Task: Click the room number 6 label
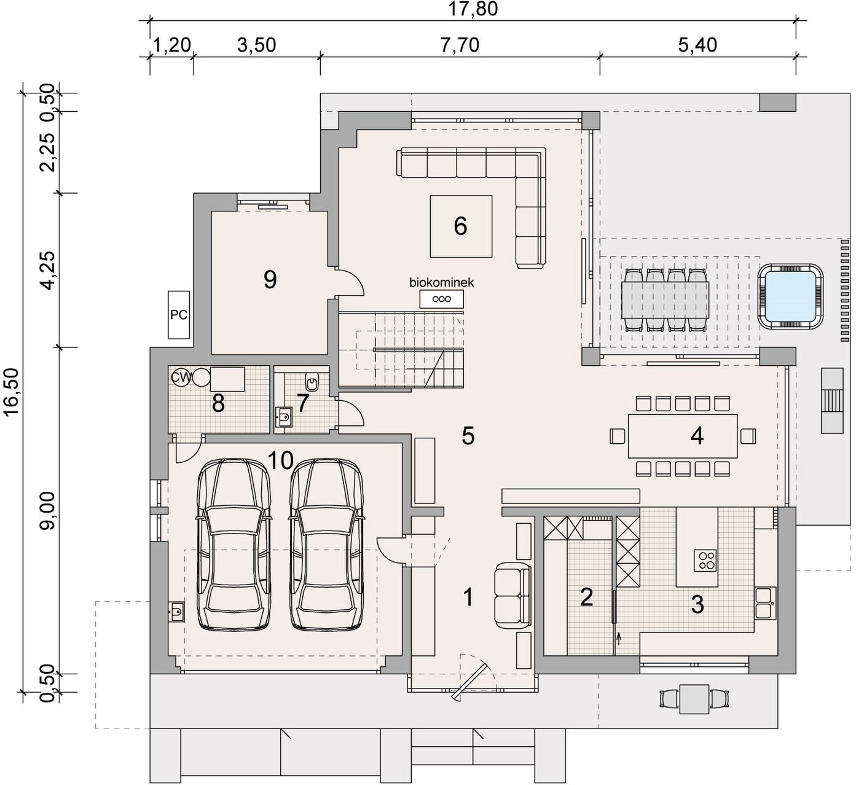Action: (x=460, y=226)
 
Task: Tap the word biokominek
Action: (x=442, y=282)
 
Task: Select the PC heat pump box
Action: (x=179, y=315)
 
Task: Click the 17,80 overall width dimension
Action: (x=473, y=9)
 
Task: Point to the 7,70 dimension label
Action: (x=460, y=45)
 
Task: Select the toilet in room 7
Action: (x=312, y=381)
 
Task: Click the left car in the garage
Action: (x=234, y=545)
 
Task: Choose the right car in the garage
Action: (x=326, y=545)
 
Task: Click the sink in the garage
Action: (x=176, y=611)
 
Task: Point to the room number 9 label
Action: (x=270, y=280)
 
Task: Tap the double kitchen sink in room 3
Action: (x=766, y=602)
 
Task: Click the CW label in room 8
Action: (x=179, y=377)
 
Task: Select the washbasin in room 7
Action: (x=284, y=416)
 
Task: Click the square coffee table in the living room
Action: (x=461, y=226)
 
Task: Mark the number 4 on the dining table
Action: (x=697, y=436)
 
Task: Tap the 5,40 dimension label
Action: (x=697, y=45)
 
